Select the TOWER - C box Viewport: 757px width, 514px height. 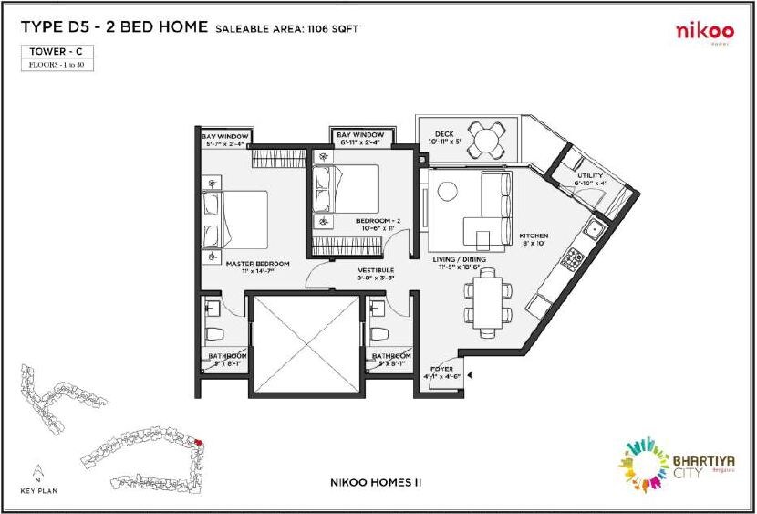point(57,52)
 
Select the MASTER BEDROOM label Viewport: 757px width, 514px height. point(258,264)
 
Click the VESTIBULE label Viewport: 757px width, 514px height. point(375,271)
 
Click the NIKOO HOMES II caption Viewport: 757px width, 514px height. point(378,479)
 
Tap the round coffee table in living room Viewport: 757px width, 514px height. point(446,192)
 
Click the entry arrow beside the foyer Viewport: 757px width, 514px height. point(468,372)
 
